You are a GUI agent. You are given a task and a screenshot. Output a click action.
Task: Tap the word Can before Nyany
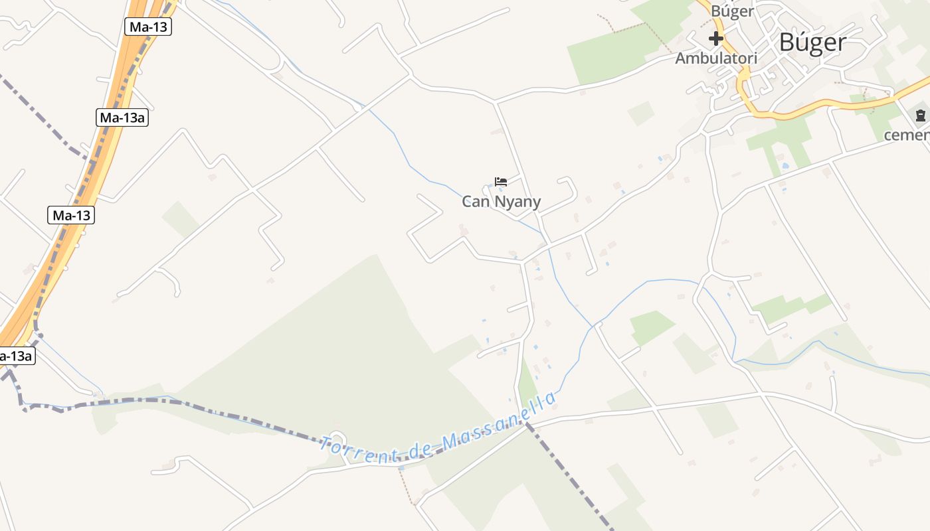tap(475, 202)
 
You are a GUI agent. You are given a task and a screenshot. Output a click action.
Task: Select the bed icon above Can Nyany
tap(501, 181)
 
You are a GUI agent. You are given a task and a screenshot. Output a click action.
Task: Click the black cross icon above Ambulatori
tap(715, 38)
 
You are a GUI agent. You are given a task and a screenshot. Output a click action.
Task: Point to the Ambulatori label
tap(716, 58)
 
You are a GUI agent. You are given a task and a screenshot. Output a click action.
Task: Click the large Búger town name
tap(812, 42)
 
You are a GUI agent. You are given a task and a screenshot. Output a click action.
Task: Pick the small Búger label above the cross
tap(732, 11)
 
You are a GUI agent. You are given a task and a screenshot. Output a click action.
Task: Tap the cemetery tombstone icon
tap(920, 116)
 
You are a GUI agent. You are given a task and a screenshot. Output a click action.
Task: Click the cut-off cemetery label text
tap(907, 135)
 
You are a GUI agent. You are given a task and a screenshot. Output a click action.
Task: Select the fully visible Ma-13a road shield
tap(121, 118)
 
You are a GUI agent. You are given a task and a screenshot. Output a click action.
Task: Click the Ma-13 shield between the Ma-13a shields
tap(71, 215)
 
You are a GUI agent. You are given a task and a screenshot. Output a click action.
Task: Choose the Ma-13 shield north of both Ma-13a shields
tap(148, 27)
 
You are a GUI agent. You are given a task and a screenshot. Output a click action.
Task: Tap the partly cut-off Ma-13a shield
tap(15, 356)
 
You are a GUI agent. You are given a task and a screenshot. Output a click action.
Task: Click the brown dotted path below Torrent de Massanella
tap(409, 488)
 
